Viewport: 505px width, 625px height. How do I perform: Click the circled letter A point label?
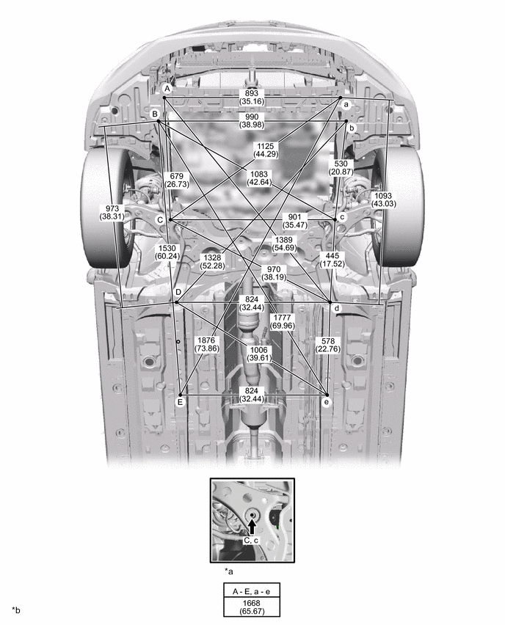(167, 89)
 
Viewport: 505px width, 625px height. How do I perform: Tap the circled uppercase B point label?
(155, 114)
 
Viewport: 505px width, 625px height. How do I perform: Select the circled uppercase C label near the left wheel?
(160, 220)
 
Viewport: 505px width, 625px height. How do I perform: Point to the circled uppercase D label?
(178, 292)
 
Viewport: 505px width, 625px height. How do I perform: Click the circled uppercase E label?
(181, 402)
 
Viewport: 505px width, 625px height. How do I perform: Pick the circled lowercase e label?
(327, 402)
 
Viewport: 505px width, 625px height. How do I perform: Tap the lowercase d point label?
(337, 309)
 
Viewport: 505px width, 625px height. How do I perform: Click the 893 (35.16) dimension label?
(252, 98)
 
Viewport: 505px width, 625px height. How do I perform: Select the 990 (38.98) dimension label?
(252, 121)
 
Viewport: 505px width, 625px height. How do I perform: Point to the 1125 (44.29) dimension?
(266, 150)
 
